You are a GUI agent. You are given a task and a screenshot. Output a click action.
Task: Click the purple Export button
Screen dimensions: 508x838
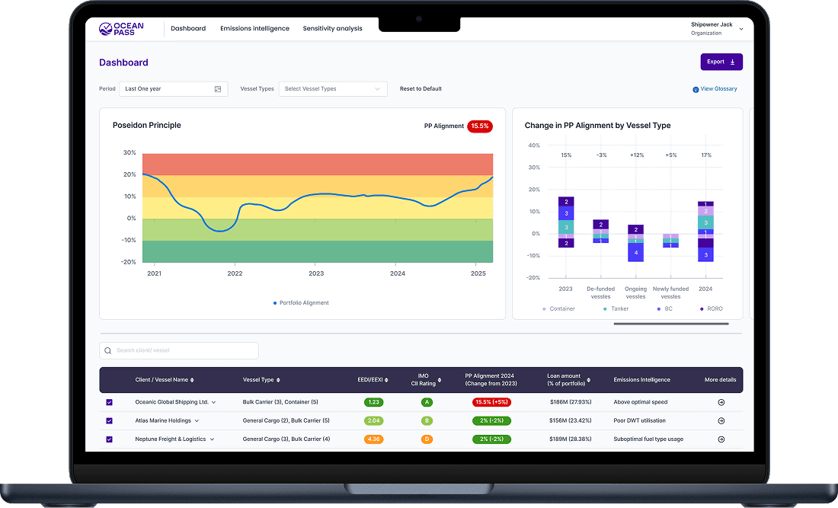721,62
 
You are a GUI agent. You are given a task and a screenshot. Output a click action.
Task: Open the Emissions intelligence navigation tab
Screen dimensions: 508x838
254,29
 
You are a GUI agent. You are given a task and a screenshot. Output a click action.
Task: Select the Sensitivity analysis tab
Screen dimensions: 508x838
332,29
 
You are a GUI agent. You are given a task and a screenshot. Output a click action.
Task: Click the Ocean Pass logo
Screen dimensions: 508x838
120,29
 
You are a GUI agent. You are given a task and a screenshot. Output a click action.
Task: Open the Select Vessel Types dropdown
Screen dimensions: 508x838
333,89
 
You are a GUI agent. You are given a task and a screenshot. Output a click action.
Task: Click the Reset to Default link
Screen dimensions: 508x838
421,89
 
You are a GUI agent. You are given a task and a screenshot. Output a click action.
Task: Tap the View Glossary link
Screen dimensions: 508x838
715,89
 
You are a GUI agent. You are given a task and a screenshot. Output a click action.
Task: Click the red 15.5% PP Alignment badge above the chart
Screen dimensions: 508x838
480,126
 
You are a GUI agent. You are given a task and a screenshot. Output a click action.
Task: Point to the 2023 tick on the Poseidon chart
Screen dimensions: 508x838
316,273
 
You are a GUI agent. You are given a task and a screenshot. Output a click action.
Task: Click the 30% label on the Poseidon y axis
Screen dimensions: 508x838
129,152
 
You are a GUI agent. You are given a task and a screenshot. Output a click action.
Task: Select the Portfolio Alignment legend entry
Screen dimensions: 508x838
301,303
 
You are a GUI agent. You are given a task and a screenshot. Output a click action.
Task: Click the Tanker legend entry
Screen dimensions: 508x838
617,308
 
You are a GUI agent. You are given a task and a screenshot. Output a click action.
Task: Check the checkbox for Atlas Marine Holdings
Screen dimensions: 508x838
109,420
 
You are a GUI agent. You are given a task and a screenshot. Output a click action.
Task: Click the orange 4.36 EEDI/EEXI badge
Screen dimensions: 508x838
373,439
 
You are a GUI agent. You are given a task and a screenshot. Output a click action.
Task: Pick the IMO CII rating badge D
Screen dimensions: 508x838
427,439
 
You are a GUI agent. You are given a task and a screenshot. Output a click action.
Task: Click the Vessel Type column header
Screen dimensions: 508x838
261,380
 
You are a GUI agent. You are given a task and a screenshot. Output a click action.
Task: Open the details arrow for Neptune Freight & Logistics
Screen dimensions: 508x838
721,439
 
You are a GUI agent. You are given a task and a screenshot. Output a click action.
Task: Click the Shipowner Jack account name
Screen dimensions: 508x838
712,24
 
